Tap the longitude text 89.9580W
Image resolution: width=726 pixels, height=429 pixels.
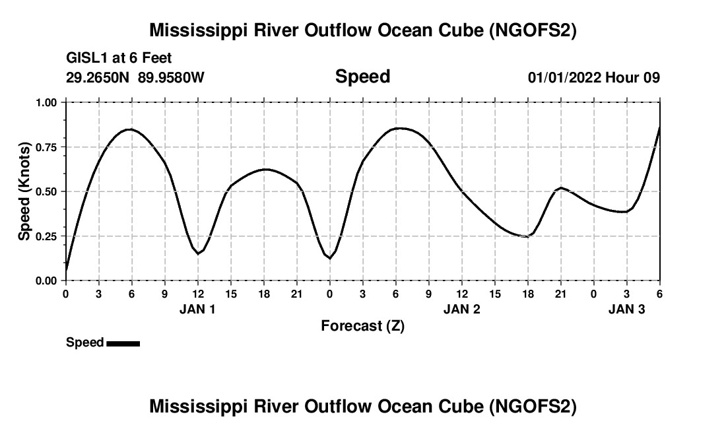(x=171, y=78)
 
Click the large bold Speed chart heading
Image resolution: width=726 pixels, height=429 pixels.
(x=362, y=77)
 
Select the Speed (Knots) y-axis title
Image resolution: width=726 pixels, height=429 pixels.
(x=24, y=191)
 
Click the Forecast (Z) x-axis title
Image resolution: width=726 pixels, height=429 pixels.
(x=362, y=325)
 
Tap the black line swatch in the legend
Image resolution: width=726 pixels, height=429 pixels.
(x=123, y=343)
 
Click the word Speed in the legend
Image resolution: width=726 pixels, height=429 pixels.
(x=84, y=343)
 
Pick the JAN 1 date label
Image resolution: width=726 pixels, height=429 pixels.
(x=197, y=309)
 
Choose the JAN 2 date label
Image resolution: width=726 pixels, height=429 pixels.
(x=461, y=309)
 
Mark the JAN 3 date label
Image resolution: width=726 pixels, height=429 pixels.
(x=626, y=309)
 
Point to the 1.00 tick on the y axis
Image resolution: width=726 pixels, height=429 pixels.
(x=46, y=102)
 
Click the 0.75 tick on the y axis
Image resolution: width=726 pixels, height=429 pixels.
(x=46, y=147)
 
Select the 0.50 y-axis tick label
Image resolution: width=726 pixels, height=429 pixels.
(x=46, y=191)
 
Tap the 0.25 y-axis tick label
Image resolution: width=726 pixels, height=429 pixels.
(x=46, y=236)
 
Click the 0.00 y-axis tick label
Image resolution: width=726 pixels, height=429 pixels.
(x=46, y=280)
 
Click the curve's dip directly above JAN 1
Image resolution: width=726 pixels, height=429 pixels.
(x=197, y=253)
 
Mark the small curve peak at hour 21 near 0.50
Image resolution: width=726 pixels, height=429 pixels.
(x=560, y=188)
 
